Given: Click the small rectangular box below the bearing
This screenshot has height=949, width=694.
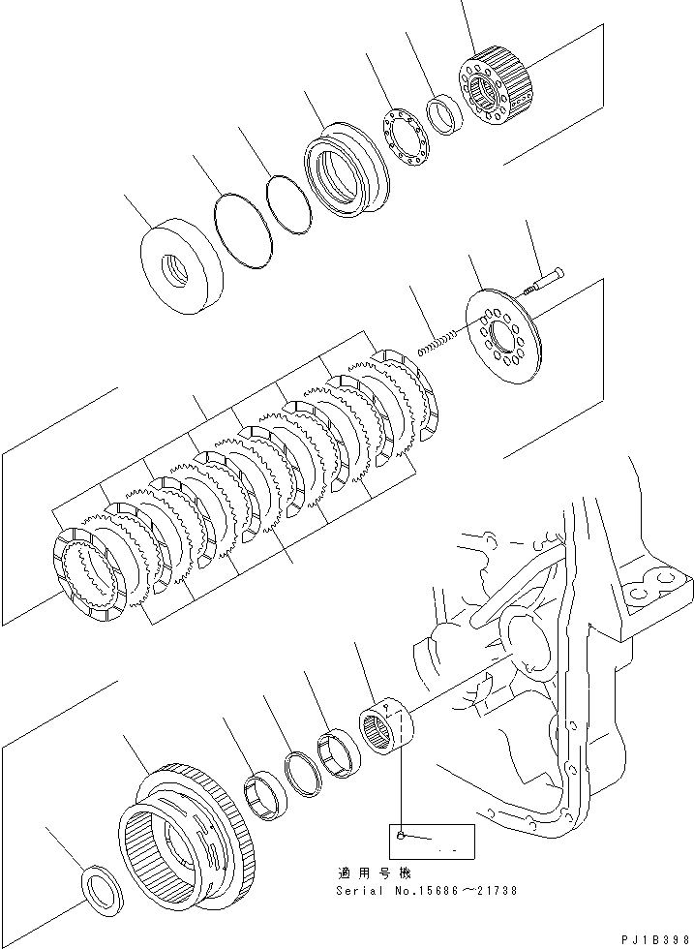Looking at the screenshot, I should coord(431,840).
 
